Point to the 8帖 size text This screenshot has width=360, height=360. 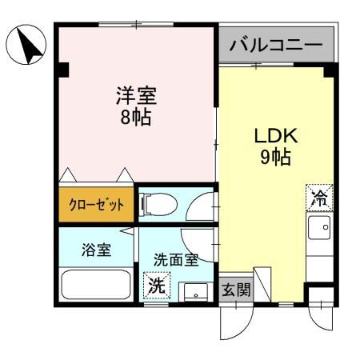133,118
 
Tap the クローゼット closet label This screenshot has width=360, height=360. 94,205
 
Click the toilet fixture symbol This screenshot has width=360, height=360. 153,206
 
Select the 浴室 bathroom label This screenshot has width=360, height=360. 96,249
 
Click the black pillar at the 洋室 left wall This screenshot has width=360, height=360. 62,70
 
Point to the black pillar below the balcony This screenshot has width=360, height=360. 327,70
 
